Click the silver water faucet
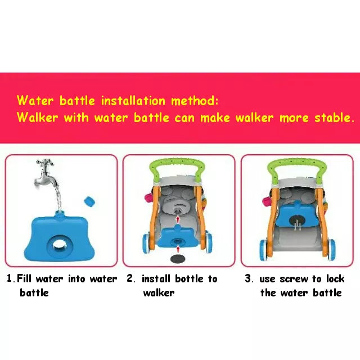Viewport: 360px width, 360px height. click(46, 173)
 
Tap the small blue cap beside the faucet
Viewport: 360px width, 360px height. click(89, 202)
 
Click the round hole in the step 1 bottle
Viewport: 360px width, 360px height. click(60, 246)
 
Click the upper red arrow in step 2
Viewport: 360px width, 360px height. click(178, 219)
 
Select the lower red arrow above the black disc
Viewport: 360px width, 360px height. click(178, 249)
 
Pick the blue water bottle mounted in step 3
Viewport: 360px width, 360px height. click(296, 214)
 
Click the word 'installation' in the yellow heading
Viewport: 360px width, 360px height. click(133, 101)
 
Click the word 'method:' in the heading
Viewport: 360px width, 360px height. click(195, 101)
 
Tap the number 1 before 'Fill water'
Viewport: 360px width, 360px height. click(10, 278)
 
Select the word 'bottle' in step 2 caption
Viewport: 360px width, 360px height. click(189, 279)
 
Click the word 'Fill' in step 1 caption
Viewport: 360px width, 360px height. click(24, 278)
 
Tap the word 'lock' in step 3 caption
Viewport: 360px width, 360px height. click(335, 278)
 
